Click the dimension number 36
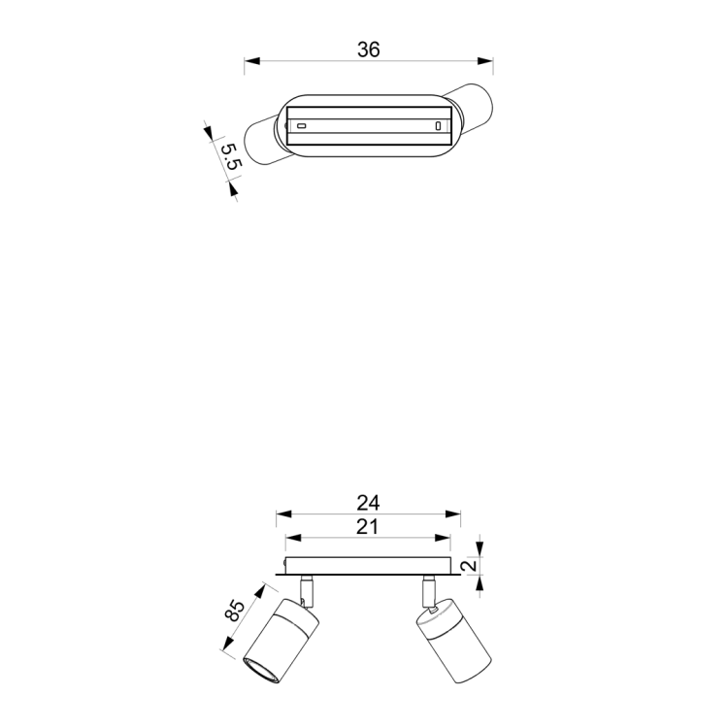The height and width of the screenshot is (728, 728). (x=369, y=50)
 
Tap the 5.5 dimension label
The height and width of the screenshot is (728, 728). (x=231, y=156)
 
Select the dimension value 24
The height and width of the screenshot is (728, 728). (x=368, y=503)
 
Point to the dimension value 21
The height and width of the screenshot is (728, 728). (x=367, y=527)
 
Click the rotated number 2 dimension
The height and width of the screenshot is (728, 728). (x=471, y=565)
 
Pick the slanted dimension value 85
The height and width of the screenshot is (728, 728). (x=235, y=611)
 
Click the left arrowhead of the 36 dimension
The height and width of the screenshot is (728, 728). (x=252, y=61)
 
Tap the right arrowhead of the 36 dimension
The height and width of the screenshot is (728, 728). (x=485, y=61)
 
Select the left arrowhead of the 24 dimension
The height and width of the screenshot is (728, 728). (x=283, y=513)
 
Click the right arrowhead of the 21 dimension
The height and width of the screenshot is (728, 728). (x=443, y=538)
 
